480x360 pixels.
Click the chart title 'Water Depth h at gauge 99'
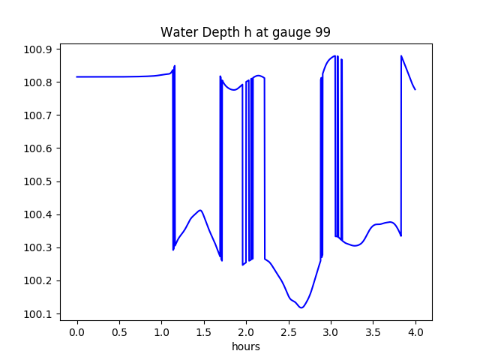click(245, 33)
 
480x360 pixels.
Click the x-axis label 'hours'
click(246, 347)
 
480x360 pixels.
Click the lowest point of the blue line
click(301, 307)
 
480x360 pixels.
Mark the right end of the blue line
click(415, 90)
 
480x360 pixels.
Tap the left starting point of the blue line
click(77, 76)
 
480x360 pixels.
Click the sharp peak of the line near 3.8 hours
click(401, 55)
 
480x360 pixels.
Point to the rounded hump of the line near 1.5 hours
click(199, 210)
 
